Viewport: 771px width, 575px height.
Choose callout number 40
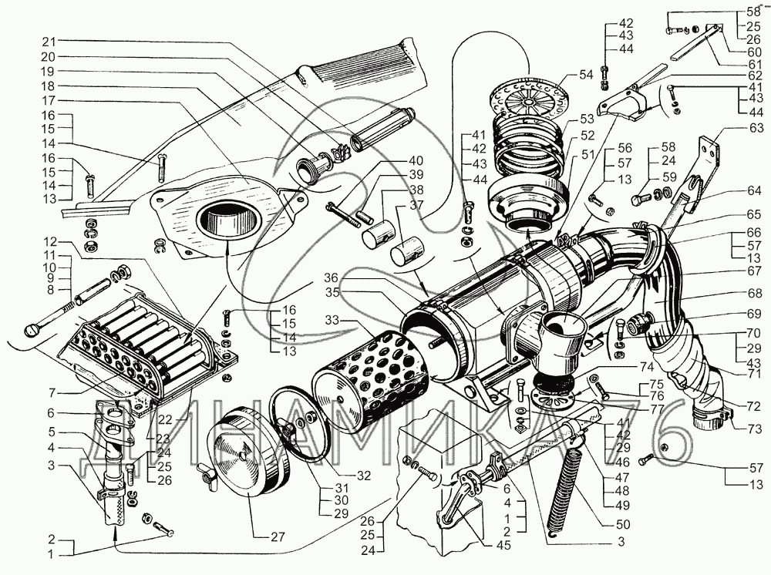point(416,160)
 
